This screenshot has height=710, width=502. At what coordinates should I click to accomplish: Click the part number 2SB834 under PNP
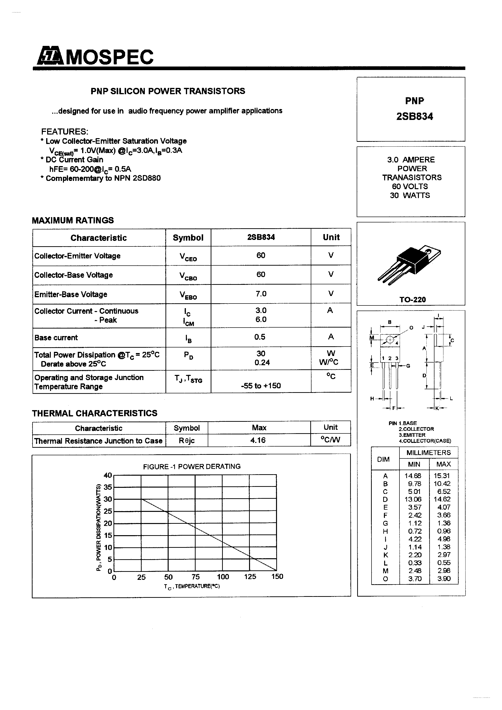(415, 116)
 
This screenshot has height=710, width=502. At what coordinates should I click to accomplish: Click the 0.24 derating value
(262, 363)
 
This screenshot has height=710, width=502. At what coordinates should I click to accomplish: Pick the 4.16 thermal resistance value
(258, 440)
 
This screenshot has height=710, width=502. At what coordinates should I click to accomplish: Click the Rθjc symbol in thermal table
(187, 440)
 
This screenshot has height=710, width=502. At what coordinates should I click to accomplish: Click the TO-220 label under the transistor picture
(412, 299)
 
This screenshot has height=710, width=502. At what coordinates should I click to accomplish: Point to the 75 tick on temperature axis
(195, 577)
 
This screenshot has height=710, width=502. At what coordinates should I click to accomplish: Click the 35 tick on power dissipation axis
(108, 487)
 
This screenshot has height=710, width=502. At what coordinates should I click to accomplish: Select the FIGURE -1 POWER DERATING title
(191, 466)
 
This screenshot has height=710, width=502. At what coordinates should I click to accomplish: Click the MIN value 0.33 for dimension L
(414, 563)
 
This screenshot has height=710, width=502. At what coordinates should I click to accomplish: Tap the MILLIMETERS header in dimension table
(428, 453)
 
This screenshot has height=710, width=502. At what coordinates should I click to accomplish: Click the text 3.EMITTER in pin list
(412, 435)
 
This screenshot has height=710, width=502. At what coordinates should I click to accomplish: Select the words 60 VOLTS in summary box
(410, 186)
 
